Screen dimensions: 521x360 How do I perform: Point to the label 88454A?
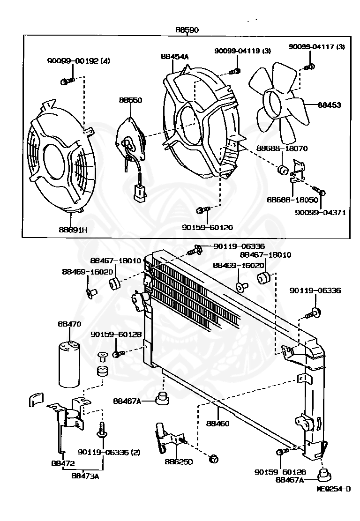point(174,57)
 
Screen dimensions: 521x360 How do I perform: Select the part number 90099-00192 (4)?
point(78,61)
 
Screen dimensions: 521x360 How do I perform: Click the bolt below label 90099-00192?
point(67,82)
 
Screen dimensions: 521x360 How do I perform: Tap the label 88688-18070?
point(282,149)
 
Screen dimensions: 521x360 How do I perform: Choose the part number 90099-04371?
point(320,212)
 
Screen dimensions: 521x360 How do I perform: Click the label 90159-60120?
point(208,228)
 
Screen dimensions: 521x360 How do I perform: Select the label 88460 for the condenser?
point(217,424)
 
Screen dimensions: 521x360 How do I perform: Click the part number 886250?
point(177,461)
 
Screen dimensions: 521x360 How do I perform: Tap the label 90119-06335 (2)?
point(103,453)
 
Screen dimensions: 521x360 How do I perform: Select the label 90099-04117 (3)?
point(317,46)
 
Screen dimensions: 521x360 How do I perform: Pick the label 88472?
point(63,464)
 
